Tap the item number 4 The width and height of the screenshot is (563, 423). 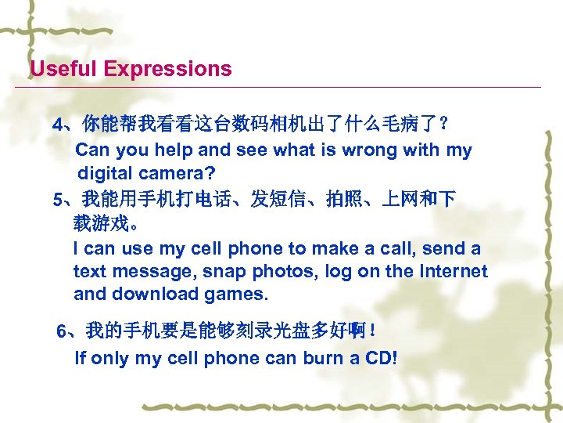[x=57, y=125]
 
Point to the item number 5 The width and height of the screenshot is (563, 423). [x=57, y=200]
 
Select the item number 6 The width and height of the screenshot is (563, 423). [x=63, y=332]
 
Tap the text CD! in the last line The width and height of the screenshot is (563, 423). [x=379, y=359]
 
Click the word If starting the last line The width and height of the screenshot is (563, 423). [x=80, y=359]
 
